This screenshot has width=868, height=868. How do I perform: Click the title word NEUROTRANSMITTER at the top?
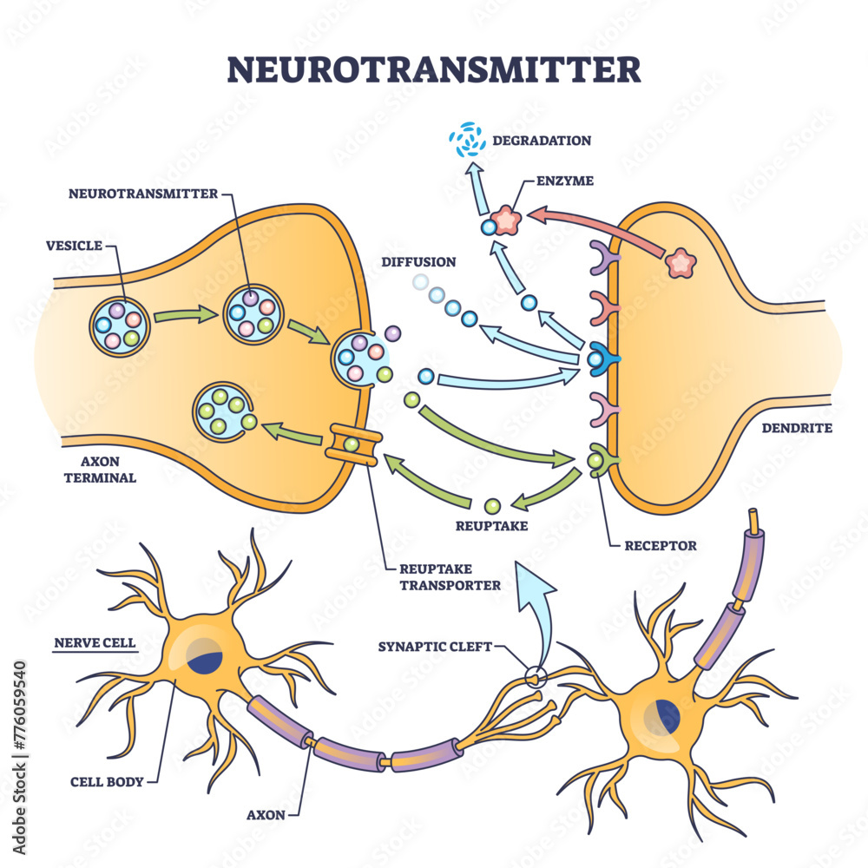click(x=434, y=69)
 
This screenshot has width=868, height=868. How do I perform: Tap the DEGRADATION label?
click(x=541, y=140)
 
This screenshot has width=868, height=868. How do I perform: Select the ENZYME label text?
click(x=564, y=181)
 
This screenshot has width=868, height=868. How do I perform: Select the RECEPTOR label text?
click(x=661, y=546)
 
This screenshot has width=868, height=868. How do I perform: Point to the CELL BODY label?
click(x=107, y=780)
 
